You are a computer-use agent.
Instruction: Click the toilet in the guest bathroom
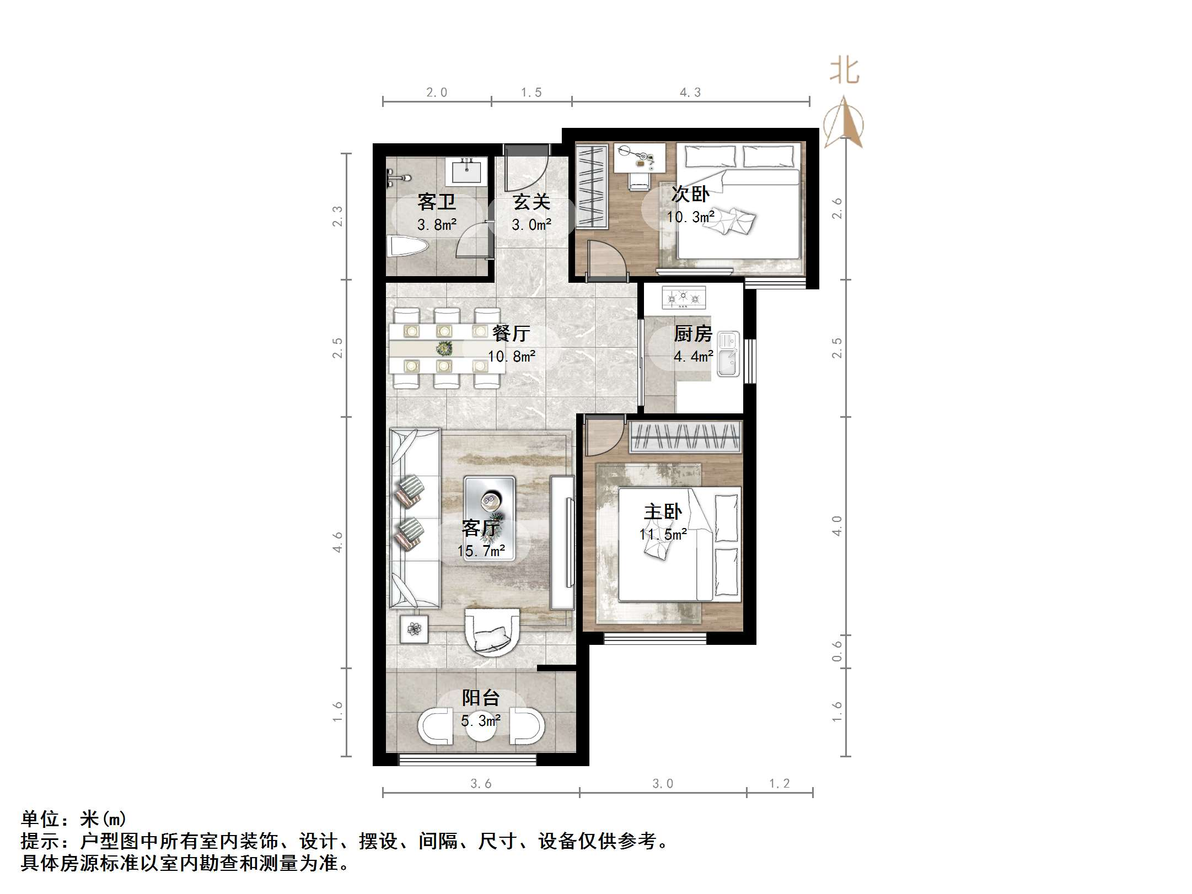(407, 246)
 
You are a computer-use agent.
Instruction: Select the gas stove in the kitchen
(684, 297)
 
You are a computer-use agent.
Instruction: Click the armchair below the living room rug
(492, 632)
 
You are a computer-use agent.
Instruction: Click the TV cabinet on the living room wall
(563, 542)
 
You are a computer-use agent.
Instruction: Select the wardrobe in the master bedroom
(684, 437)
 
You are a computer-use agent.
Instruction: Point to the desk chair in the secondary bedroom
(640, 180)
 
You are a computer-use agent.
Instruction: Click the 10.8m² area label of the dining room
(511, 357)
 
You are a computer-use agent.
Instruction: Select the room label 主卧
(663, 512)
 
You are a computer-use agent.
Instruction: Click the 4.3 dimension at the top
(690, 93)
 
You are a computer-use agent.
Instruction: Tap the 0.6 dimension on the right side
(837, 651)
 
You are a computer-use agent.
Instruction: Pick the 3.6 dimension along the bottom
(480, 784)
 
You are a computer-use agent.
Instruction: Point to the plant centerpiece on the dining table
(444, 348)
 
